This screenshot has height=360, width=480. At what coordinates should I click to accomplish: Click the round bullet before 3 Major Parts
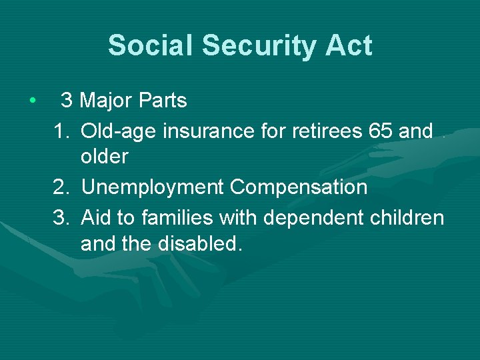pyautogui.click(x=31, y=101)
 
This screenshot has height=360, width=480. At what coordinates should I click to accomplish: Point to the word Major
pyautogui.click(x=108, y=101)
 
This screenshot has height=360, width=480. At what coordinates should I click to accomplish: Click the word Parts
pyautogui.click(x=163, y=101)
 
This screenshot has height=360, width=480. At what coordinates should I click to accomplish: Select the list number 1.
pyautogui.click(x=60, y=132)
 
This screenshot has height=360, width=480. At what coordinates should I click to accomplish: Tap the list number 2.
pyautogui.click(x=60, y=188)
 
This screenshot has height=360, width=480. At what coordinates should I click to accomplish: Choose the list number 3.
pyautogui.click(x=60, y=217)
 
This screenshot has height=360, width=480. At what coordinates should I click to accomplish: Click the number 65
pyautogui.click(x=381, y=132)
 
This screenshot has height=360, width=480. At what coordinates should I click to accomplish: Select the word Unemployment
pyautogui.click(x=153, y=188)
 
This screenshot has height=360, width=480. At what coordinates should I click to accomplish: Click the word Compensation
pyautogui.click(x=299, y=188)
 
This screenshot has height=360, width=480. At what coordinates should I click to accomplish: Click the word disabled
pyautogui.click(x=198, y=245)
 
